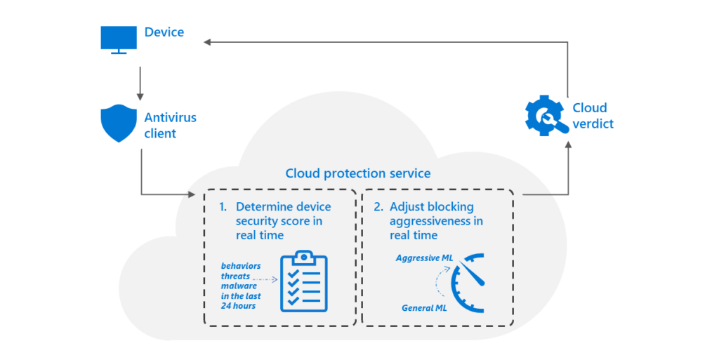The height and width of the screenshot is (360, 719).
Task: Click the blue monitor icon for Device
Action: click(119, 40)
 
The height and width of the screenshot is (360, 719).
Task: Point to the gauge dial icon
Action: click(469, 284)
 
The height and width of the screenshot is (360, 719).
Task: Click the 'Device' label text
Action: click(164, 32)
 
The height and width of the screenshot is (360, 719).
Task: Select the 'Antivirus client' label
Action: click(170, 126)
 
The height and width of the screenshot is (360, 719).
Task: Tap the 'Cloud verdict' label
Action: click(593, 116)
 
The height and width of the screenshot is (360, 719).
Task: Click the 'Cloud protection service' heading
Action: click(358, 173)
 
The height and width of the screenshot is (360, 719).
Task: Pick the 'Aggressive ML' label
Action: click(424, 258)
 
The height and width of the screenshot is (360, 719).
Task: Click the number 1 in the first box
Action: click(223, 207)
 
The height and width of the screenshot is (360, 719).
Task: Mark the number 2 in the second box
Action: click(378, 207)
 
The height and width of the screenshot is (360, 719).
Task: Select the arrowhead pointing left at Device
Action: click(208, 42)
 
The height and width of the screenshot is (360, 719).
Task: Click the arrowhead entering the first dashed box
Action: click(193, 194)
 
